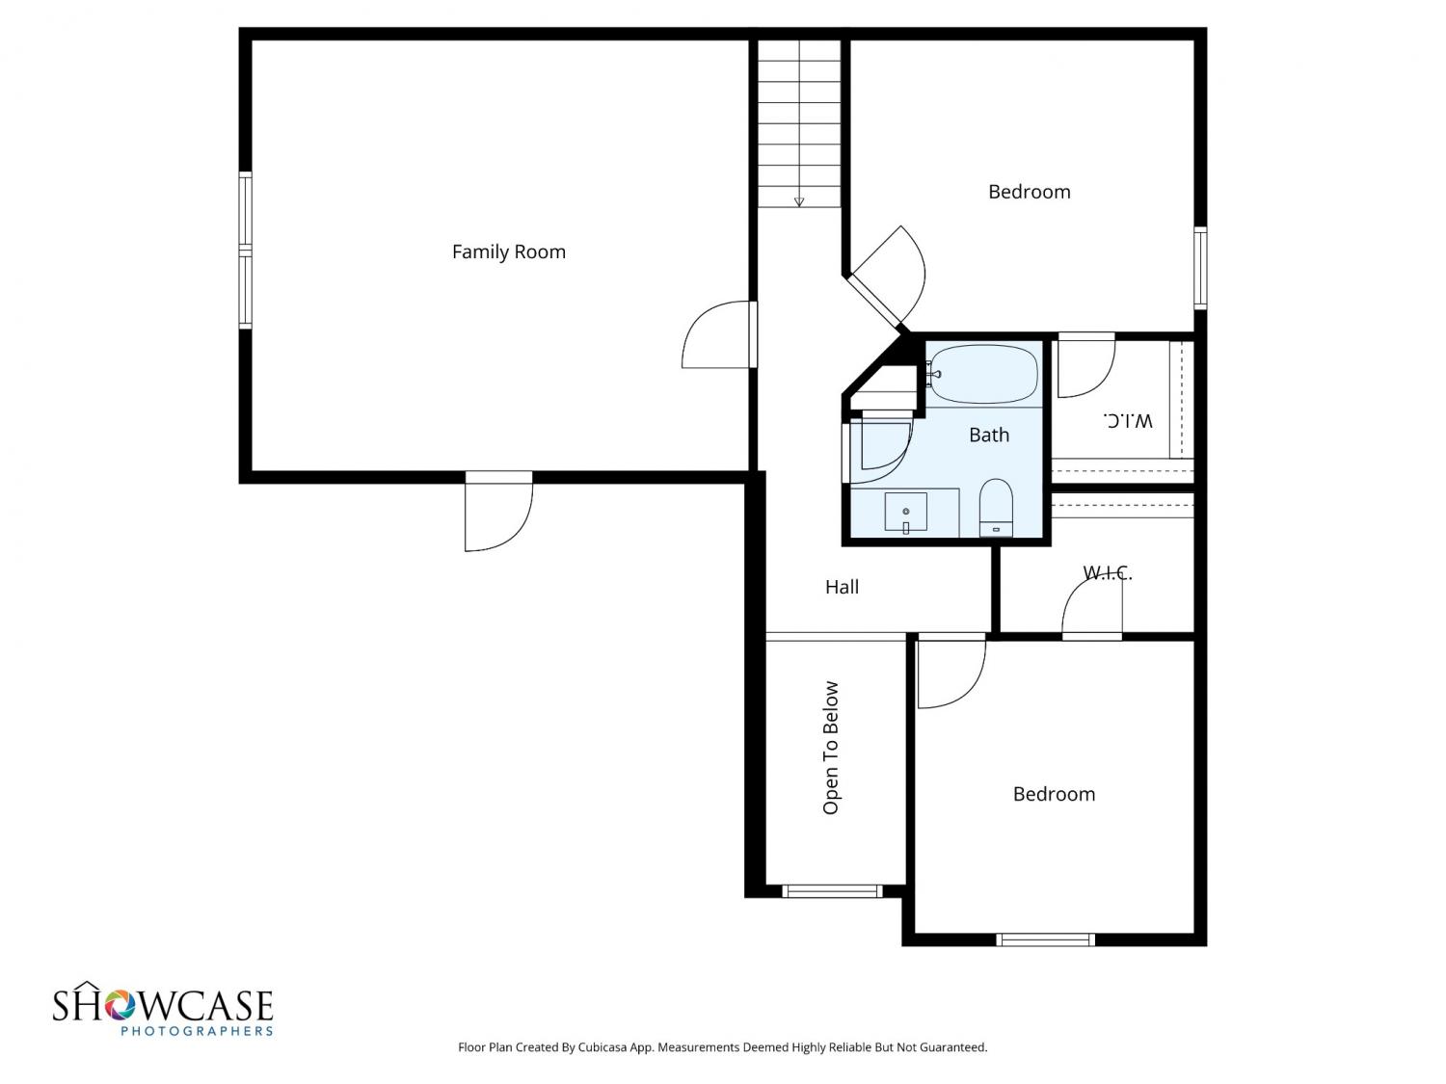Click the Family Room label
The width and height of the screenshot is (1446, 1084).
coord(509,252)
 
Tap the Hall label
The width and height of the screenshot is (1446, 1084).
coord(842,587)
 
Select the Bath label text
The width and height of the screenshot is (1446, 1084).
coord(989,436)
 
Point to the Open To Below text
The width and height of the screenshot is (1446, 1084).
coord(831,748)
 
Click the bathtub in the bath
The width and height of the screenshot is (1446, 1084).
coord(983,374)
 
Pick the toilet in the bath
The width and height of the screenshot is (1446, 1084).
coord(996,508)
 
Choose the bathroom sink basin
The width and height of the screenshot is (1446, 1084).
coord(906,512)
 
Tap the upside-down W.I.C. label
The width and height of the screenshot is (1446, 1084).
coord(1128,420)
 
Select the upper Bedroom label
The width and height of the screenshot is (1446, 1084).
coord(1029,192)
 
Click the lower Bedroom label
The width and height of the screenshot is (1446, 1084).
coord(1054,794)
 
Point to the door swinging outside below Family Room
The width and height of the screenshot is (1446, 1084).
coord(498,512)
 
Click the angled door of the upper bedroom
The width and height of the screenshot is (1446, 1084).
coord(887,277)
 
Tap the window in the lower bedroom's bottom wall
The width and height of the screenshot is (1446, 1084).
coord(1046,939)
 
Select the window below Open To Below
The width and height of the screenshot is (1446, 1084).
coord(832,892)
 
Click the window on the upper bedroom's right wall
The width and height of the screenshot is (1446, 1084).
coord(1201,268)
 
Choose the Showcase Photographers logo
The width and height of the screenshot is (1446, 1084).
coord(163,1009)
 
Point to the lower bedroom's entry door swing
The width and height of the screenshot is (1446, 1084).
coord(951,672)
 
